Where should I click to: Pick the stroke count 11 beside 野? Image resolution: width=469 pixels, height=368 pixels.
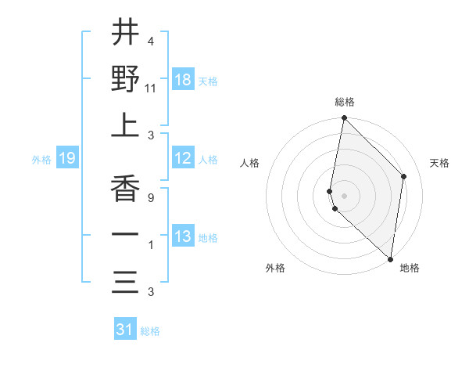coord(151,88)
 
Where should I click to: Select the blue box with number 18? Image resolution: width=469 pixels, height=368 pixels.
coord(182,80)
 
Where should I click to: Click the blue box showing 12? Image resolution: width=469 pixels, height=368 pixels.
coord(182,158)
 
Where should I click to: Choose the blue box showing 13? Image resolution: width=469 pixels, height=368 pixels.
coord(182,236)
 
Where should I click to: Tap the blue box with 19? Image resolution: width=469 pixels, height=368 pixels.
coord(66,158)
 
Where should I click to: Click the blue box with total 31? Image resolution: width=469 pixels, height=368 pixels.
coord(125,330)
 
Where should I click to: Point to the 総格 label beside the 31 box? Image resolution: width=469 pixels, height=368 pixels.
coord(150,331)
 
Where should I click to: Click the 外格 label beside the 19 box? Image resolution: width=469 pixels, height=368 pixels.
coord(41,160)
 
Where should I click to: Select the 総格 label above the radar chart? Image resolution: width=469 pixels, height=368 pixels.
coord(345,102)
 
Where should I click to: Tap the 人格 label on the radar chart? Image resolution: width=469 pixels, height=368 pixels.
coord(250,163)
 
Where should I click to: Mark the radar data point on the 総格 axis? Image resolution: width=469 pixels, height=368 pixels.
coord(344,119)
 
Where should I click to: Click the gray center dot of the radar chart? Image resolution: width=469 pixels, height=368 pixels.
coord(344,194)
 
